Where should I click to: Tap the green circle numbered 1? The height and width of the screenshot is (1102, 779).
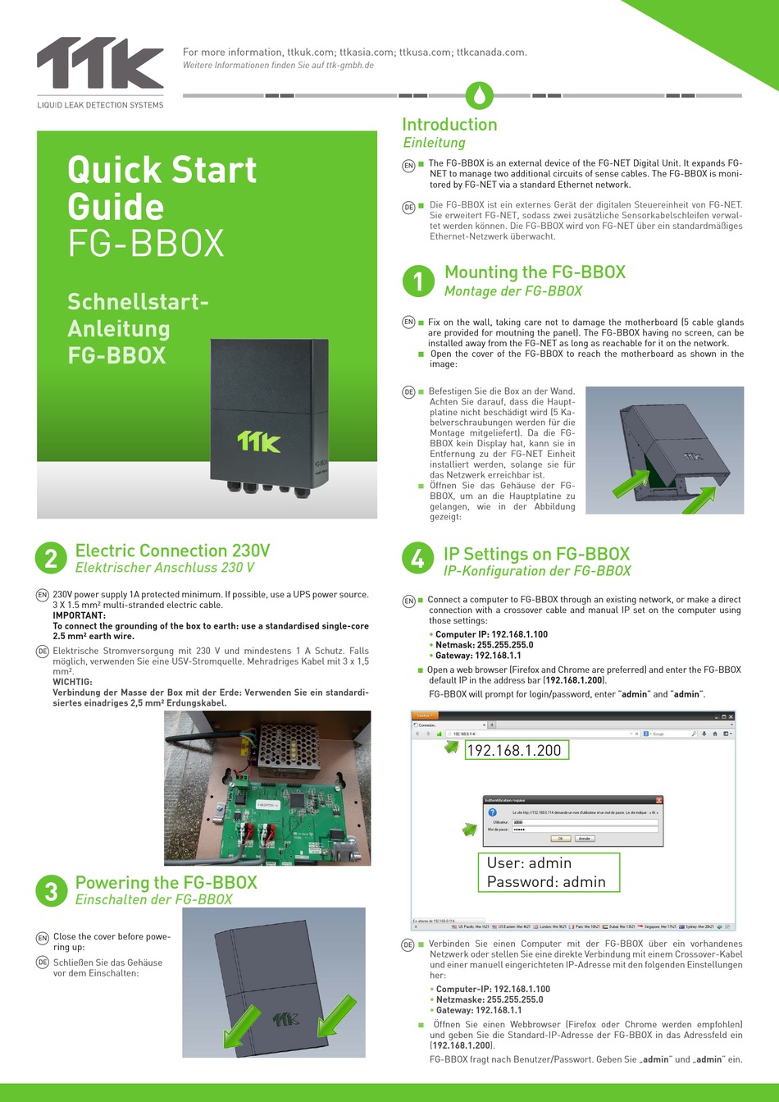(x=418, y=281)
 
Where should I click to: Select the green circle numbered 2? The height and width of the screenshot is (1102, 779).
(x=51, y=559)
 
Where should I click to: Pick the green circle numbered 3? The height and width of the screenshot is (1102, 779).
(x=51, y=890)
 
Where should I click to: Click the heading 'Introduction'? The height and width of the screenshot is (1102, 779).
(x=449, y=125)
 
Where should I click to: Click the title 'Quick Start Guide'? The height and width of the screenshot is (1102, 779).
(x=162, y=188)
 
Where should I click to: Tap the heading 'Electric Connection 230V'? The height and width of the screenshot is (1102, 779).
(x=172, y=551)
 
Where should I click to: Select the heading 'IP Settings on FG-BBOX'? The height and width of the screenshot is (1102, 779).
(x=536, y=554)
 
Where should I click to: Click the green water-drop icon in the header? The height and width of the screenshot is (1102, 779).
(x=479, y=95)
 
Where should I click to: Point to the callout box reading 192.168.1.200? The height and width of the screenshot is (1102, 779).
(x=514, y=750)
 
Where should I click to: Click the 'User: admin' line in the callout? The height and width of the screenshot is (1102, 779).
(x=529, y=863)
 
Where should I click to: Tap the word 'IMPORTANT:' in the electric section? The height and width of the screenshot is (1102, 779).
(x=80, y=615)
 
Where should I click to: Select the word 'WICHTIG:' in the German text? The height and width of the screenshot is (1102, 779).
(x=72, y=682)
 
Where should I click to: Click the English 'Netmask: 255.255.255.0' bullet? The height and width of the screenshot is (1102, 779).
(x=484, y=645)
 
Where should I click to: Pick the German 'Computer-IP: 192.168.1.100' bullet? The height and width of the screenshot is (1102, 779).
(x=493, y=989)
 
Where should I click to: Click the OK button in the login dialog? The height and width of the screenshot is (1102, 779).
(x=560, y=839)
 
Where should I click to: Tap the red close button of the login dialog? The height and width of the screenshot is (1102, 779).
(x=658, y=800)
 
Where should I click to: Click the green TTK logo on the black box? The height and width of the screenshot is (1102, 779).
(x=259, y=441)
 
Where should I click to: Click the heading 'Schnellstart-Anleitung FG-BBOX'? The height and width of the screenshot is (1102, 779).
(x=138, y=328)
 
